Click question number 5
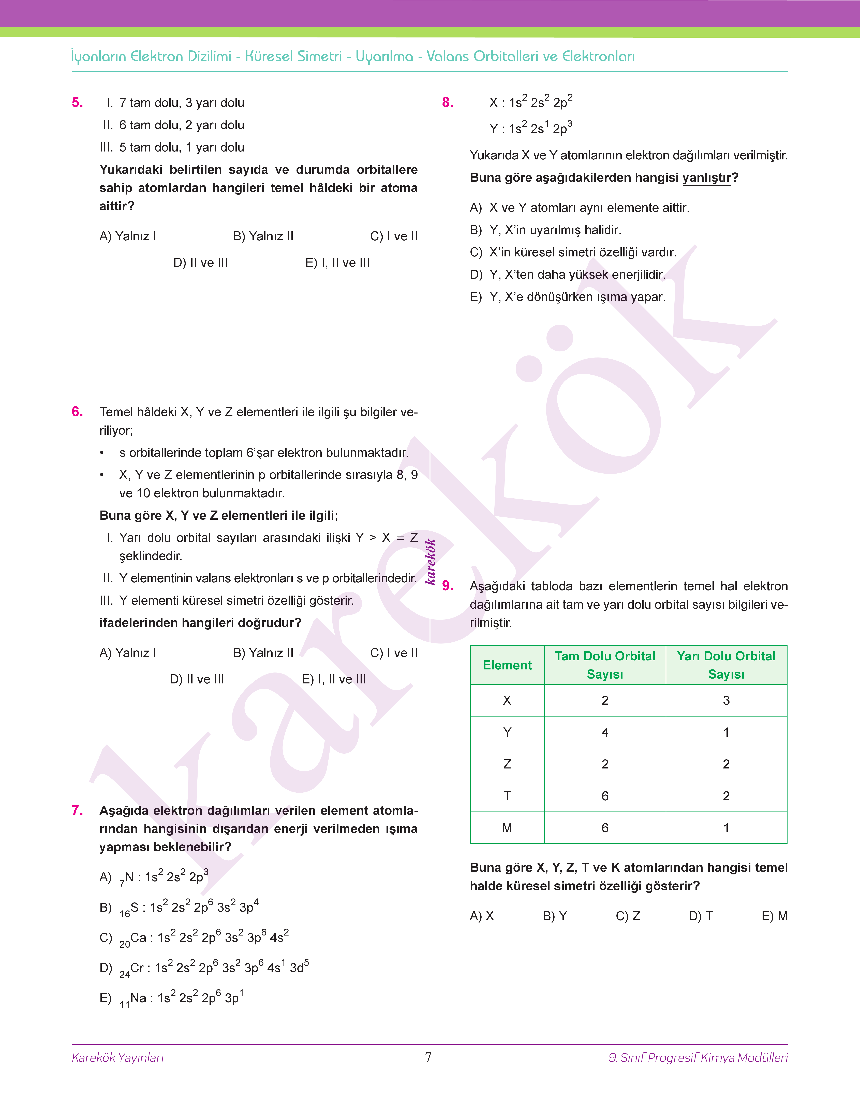(x=78, y=103)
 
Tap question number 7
(x=78, y=810)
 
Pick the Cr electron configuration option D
(x=204, y=968)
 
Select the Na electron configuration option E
(x=171, y=998)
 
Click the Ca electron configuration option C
(x=194, y=938)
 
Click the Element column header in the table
(x=507, y=665)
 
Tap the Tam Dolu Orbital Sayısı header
(x=605, y=665)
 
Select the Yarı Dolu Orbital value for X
(x=726, y=700)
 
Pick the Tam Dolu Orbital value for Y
(x=605, y=732)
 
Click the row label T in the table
(x=507, y=796)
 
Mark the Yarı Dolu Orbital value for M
(x=726, y=828)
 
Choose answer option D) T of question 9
(x=700, y=916)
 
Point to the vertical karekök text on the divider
(x=431, y=562)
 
